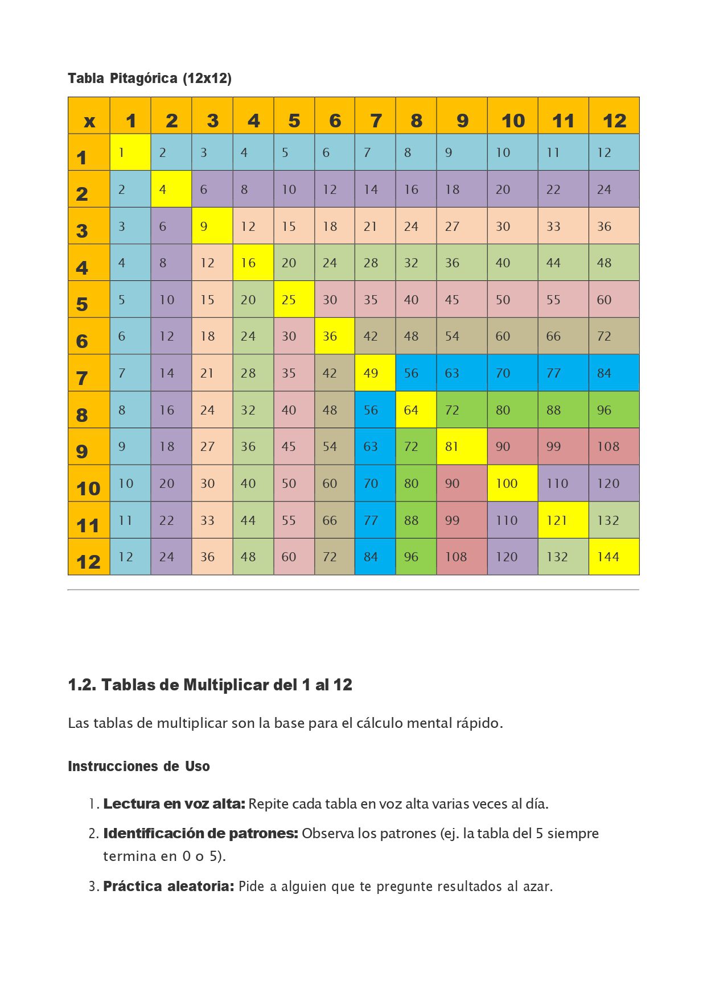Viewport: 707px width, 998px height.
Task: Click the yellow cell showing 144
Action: pos(614,557)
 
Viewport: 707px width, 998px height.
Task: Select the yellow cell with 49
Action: pos(375,373)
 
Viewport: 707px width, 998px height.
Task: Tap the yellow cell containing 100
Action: pos(512,483)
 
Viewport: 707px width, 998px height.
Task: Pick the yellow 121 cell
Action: pos(563,520)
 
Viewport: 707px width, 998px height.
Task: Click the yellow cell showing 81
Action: pos(461,446)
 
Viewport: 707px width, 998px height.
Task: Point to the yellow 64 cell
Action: pos(416,410)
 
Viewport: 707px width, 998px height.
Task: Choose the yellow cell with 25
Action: pos(294,300)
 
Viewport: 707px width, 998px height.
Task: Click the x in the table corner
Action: pos(89,121)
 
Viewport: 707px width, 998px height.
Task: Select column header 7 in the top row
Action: pos(376,121)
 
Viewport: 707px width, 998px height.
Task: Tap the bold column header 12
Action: pos(614,121)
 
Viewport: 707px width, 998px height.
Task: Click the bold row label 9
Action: pos(82,452)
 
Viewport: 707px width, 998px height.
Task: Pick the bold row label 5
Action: pos(82,304)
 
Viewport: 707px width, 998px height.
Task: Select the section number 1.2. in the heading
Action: pos(82,685)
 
